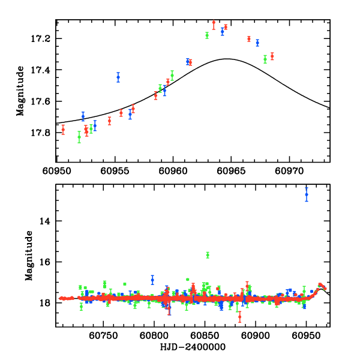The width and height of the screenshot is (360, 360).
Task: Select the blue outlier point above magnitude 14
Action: coord(307,194)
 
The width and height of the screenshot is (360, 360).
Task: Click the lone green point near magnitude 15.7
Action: coord(208,255)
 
